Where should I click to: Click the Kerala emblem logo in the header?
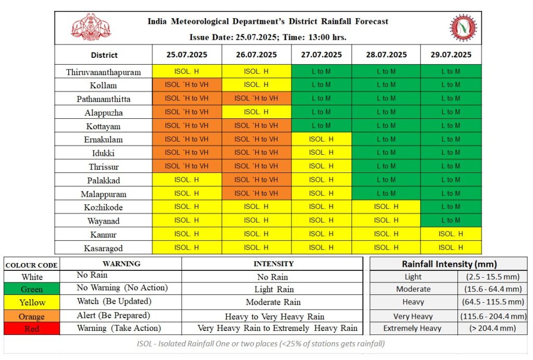coord(91,27)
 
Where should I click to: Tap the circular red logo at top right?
coord(463,28)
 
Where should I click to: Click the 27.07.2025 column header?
coord(321,54)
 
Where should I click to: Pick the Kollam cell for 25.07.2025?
coord(187,85)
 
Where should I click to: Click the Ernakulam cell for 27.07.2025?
coord(321,139)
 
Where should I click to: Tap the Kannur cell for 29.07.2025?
coord(451,234)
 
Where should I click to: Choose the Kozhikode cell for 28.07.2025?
coord(386,206)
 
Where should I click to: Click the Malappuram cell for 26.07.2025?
coord(256,193)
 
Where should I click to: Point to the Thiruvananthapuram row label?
coord(104,72)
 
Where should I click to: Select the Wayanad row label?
coord(104,221)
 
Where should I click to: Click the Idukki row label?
coord(104,153)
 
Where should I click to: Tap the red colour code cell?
coord(32,329)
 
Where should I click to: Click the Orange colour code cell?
coord(32,316)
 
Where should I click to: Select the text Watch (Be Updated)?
coord(114,302)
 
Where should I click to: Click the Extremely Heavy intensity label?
coord(412,328)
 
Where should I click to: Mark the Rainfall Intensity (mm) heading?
coord(449,264)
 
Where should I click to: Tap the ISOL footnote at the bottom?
coord(261,344)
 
